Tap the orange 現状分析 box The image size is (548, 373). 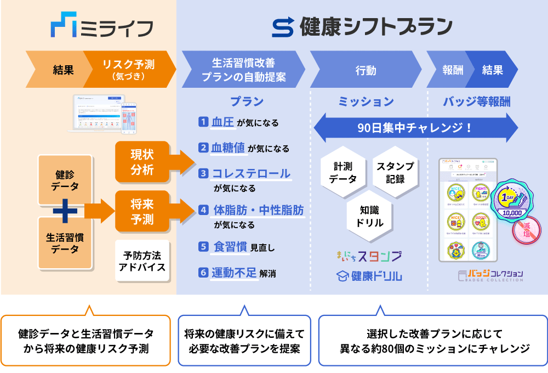coord(142,162)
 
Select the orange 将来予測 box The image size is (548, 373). coord(142,212)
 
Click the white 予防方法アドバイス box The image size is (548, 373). coord(142,261)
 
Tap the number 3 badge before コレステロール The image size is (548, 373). coord(203,174)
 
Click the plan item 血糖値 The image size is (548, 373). coord(229,148)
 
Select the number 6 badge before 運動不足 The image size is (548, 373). coord(203,272)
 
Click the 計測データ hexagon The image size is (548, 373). coord(342,172)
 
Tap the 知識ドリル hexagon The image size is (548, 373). coord(368,216)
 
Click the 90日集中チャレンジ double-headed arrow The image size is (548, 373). coord(415,128)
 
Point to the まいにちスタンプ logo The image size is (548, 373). coord(368,256)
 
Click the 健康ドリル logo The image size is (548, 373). coord(368,276)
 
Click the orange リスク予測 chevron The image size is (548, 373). coord(129,70)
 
